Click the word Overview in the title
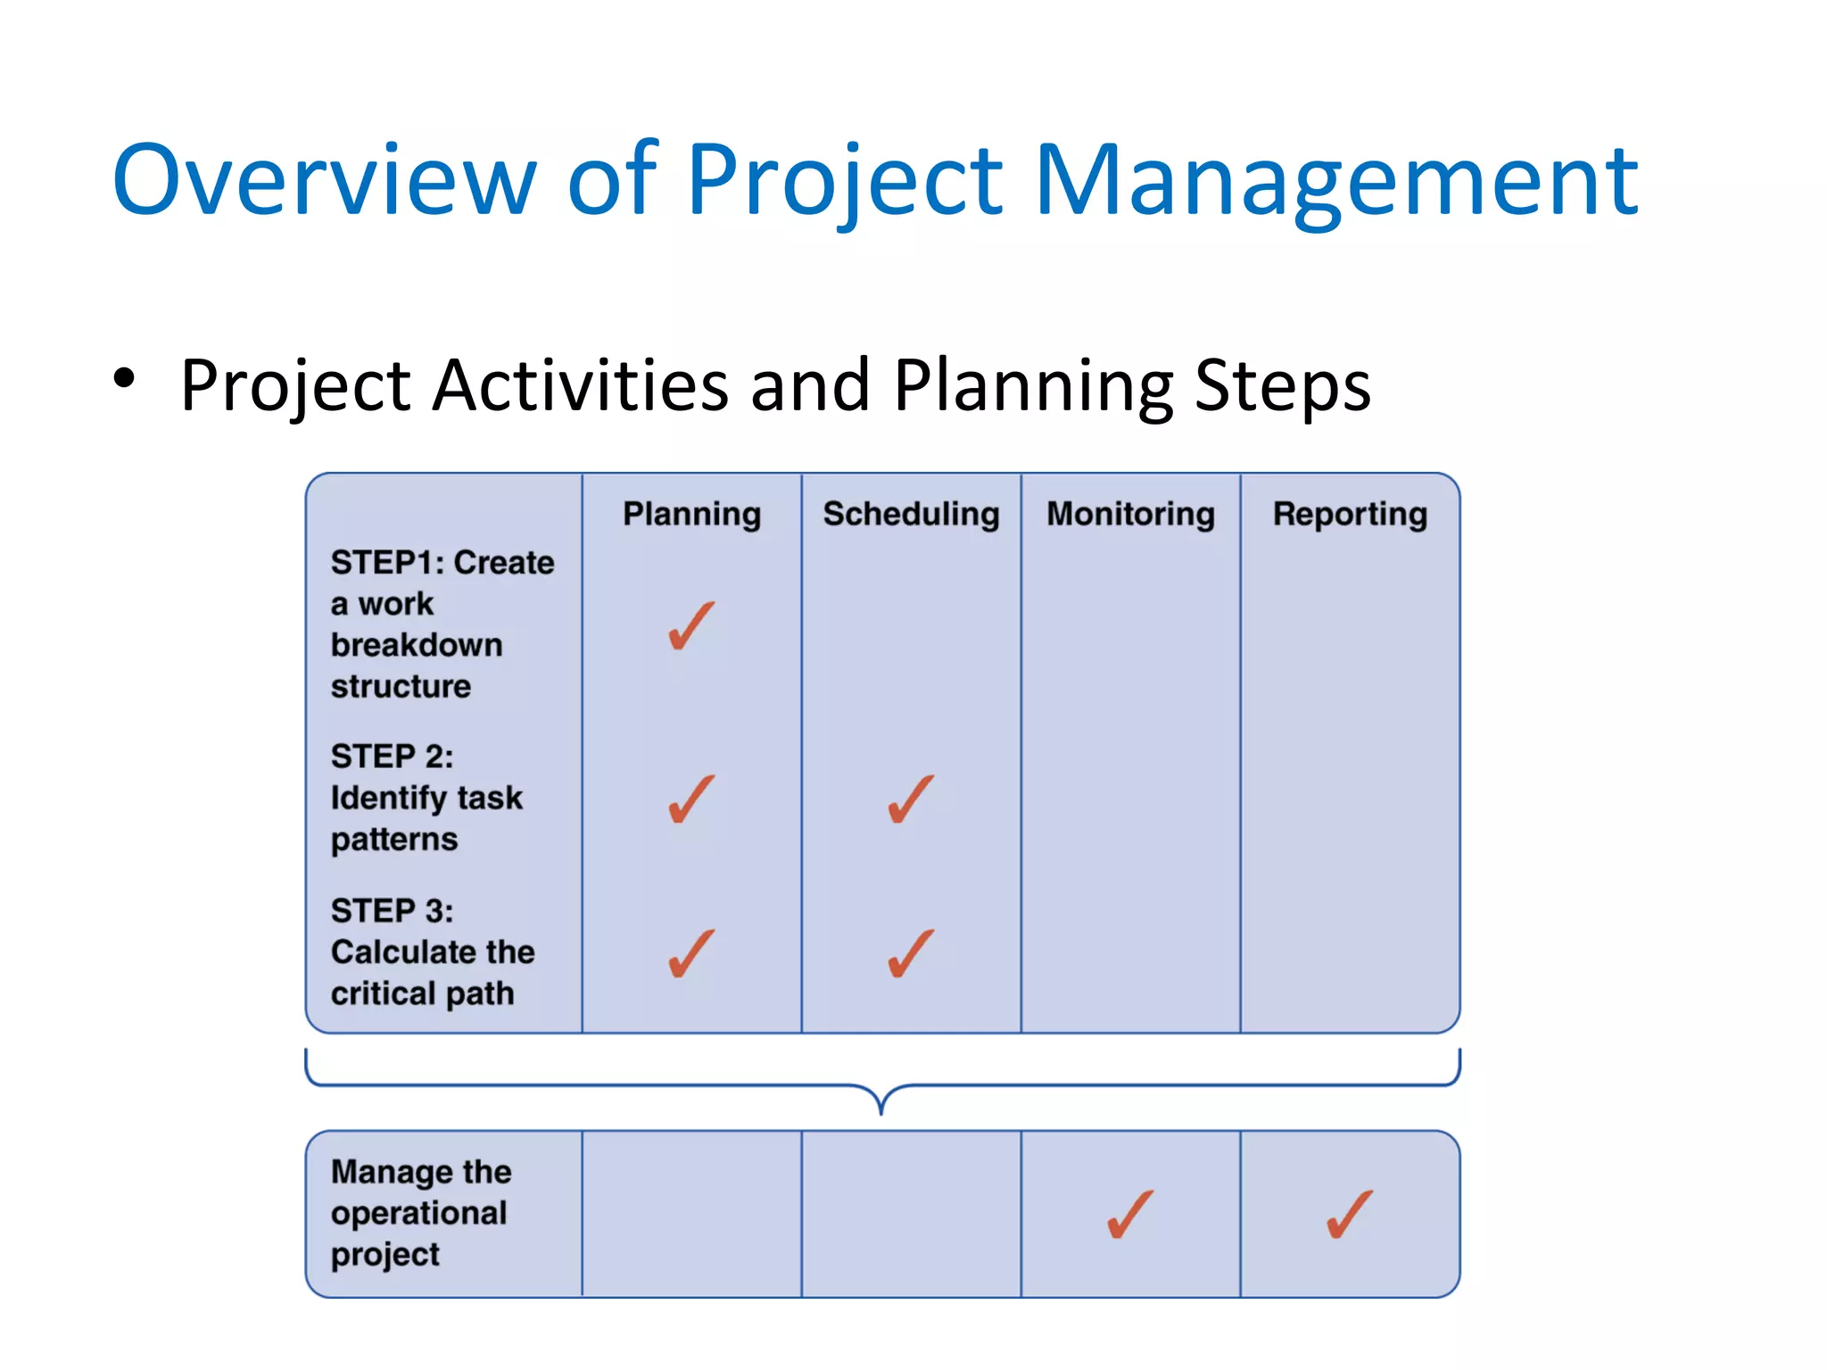[x=324, y=181]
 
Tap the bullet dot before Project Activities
[x=124, y=378]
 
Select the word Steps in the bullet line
[x=1282, y=385]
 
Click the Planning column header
[x=691, y=515]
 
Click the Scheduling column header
[x=911, y=515]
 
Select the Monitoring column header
[x=1130, y=515]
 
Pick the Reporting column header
[x=1350, y=515]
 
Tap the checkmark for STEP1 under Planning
[x=690, y=626]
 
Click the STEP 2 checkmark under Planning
[x=690, y=799]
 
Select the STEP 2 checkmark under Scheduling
[x=910, y=799]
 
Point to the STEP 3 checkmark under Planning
[x=690, y=953]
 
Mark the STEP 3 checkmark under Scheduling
[x=910, y=953]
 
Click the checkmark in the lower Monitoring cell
[x=1129, y=1215]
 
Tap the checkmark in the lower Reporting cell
[x=1349, y=1215]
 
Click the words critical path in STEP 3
[x=422, y=994]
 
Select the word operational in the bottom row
[x=418, y=1213]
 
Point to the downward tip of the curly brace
[x=881, y=1111]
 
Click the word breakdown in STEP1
[x=417, y=645]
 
